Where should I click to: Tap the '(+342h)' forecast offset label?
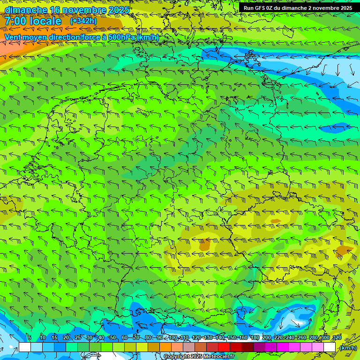[83, 21]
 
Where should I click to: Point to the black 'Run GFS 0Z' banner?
[298, 7]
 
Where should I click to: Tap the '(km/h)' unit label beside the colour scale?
[348, 348]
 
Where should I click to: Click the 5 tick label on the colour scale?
[30, 338]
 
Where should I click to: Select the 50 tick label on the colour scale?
[113, 338]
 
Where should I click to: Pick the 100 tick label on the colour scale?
[173, 338]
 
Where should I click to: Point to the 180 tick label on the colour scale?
[255, 338]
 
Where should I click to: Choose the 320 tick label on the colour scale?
[337, 338]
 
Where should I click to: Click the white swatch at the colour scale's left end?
[25, 347]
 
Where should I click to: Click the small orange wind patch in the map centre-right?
[205, 245]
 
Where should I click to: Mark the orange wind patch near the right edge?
[345, 250]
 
